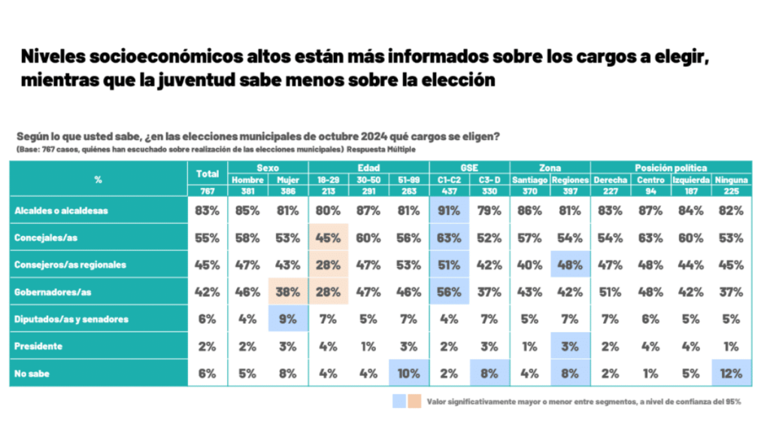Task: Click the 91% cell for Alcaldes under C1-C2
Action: (x=449, y=210)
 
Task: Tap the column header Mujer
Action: (x=288, y=180)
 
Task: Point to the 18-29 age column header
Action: (x=328, y=180)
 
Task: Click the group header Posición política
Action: (x=671, y=168)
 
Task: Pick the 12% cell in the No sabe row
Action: (x=731, y=373)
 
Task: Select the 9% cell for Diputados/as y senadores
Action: (x=288, y=319)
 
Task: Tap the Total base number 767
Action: (x=207, y=191)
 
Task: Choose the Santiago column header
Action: (x=529, y=180)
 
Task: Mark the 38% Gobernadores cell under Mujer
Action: (x=288, y=292)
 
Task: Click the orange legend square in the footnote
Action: (x=414, y=401)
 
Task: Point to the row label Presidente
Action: (x=38, y=346)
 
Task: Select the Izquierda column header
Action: (x=690, y=180)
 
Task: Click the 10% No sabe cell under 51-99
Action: (x=408, y=373)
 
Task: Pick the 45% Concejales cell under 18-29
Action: (x=328, y=238)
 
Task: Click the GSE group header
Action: (x=468, y=168)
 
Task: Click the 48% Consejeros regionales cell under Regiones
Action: (x=570, y=265)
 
